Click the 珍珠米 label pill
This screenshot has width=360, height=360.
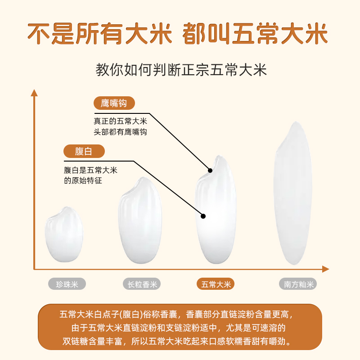(x=67, y=284)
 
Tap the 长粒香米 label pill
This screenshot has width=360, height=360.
(x=142, y=284)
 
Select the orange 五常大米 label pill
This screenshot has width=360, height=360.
(x=216, y=284)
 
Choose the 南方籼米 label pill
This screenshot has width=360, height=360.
(x=298, y=284)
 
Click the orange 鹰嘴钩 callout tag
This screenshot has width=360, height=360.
(x=114, y=103)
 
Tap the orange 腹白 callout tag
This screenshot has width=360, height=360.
(x=84, y=151)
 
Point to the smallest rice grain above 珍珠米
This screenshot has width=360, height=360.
(x=64, y=234)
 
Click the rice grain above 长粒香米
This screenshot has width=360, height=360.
(x=140, y=220)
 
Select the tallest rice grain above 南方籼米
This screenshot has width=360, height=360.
(x=293, y=193)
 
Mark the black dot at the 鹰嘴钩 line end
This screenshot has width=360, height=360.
(x=210, y=171)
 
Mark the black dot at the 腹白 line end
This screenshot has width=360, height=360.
(x=203, y=216)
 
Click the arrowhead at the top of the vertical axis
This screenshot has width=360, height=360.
(x=34, y=93)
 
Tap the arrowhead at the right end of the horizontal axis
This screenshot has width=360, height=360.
(x=326, y=269)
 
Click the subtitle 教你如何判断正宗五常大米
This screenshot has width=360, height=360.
(x=181, y=70)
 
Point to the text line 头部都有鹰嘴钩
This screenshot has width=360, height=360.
(x=120, y=132)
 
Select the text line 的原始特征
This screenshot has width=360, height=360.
(x=83, y=181)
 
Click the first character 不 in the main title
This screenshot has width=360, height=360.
(x=39, y=33)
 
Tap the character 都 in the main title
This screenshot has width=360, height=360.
(x=194, y=33)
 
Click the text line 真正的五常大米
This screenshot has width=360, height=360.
(x=120, y=121)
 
